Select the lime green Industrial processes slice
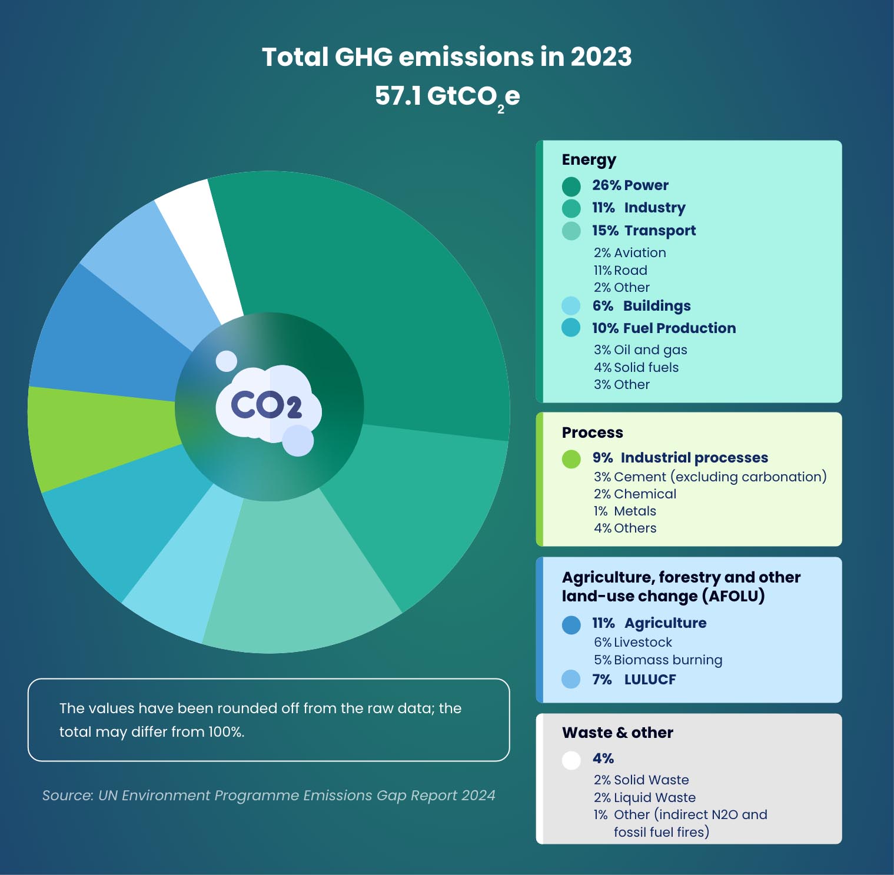[100, 438]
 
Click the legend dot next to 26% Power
[571, 186]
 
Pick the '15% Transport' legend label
[644, 231]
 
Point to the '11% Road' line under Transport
[620, 270]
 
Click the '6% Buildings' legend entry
[642, 306]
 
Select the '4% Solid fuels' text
[636, 367]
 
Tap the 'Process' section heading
[592, 432]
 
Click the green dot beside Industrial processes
[571, 458]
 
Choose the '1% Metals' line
[624, 511]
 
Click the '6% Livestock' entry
[633, 642]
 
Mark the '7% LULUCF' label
[634, 680]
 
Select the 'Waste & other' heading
[617, 733]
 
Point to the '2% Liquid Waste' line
[644, 797]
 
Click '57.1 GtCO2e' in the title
[447, 96]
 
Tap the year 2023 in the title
[600, 57]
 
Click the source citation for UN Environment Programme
[268, 796]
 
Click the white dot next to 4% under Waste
[571, 760]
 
